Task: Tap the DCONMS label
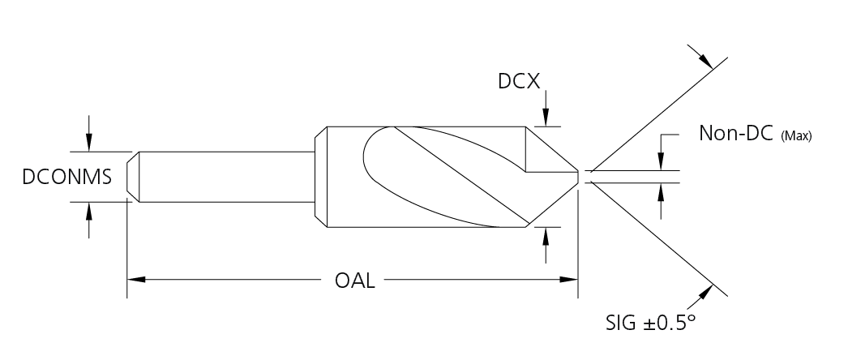(67, 178)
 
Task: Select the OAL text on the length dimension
(354, 281)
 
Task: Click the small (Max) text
(796, 135)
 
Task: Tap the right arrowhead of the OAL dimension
(569, 280)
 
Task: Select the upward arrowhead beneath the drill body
(546, 235)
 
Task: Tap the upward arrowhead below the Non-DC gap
(661, 191)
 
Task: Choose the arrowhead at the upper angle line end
(705, 61)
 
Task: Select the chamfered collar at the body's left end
(321, 177)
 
